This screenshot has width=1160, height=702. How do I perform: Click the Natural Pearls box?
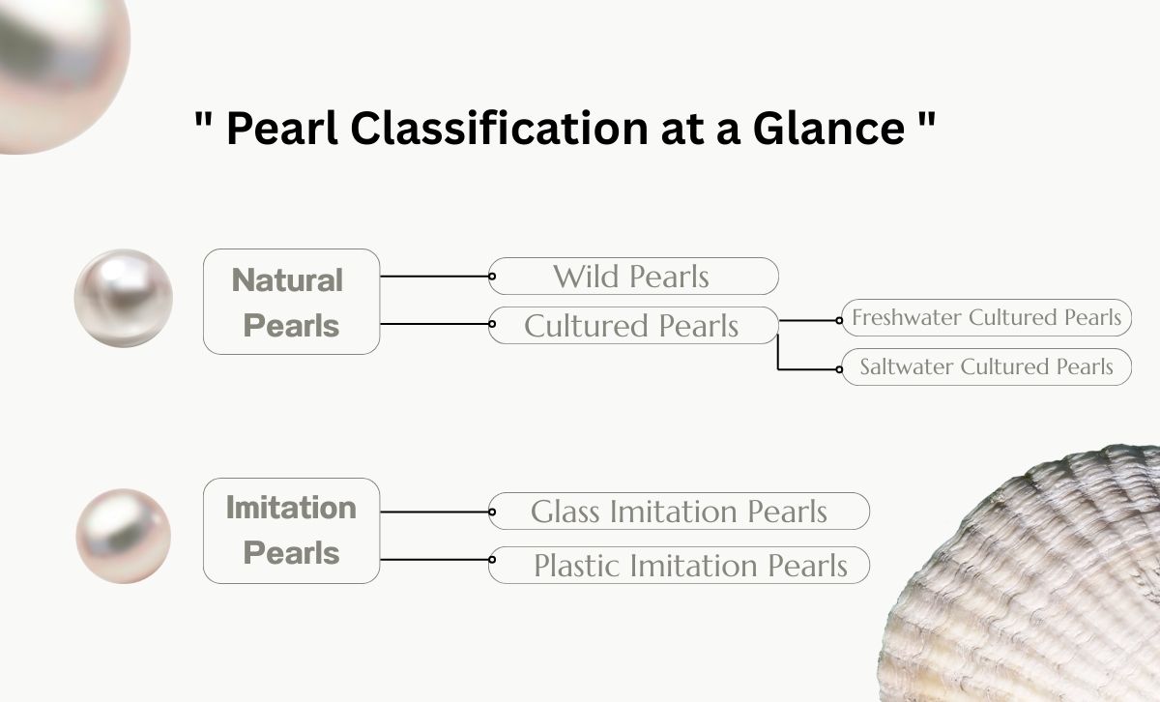pyautogui.click(x=291, y=302)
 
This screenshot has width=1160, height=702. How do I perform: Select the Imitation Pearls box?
pyautogui.click(x=291, y=530)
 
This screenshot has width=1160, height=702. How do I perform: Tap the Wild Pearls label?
pyautogui.click(x=632, y=277)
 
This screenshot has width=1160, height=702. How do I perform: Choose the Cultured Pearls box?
pyautogui.click(x=632, y=326)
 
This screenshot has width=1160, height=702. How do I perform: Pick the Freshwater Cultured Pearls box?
pyautogui.click(x=986, y=317)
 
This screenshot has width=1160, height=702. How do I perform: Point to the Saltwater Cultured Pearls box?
pyautogui.click(x=986, y=366)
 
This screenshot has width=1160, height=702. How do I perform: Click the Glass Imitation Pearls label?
pyautogui.click(x=679, y=512)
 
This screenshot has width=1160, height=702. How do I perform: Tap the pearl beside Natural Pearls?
pyautogui.click(x=124, y=298)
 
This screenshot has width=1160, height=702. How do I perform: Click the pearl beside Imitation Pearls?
pyautogui.click(x=123, y=536)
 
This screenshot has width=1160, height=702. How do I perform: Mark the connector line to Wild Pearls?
pyautogui.click(x=435, y=277)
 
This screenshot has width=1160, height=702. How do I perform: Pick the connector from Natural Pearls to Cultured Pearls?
pyautogui.click(x=435, y=324)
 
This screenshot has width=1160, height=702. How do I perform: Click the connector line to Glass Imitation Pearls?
pyautogui.click(x=435, y=512)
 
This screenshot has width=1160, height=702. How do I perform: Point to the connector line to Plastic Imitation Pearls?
pyautogui.click(x=435, y=560)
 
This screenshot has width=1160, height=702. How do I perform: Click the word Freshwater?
pyautogui.click(x=907, y=317)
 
